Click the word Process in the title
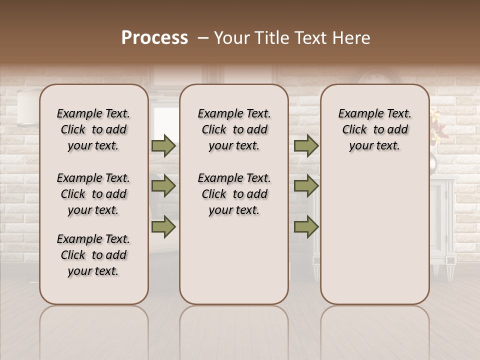(154, 38)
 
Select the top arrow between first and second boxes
(163, 146)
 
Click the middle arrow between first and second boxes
(163, 186)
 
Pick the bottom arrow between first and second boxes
(163, 227)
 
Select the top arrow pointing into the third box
(306, 146)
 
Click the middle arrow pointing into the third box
(306, 186)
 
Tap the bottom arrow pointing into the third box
(306, 227)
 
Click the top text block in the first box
(93, 129)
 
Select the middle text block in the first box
(93, 194)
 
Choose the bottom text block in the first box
(93, 255)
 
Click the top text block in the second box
(234, 129)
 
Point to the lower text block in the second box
(234, 194)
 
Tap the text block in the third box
(374, 129)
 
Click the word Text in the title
(309, 38)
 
